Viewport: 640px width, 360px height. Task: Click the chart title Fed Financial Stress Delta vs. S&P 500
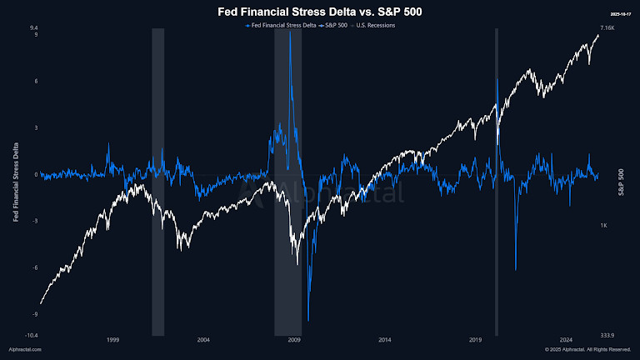coord(320,12)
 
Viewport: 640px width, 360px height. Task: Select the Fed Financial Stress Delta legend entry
coord(282,25)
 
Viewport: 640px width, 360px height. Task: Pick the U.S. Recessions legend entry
coord(376,25)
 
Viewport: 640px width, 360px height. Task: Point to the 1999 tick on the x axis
coord(112,340)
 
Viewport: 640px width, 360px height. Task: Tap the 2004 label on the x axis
coord(202,340)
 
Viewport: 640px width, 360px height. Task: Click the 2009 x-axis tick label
coord(293,340)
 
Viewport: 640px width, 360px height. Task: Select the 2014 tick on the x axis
coord(384,340)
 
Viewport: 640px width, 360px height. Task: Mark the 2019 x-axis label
coord(475,340)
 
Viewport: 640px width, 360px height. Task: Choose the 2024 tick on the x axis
coord(566,340)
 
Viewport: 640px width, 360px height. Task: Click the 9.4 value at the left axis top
coord(34,28)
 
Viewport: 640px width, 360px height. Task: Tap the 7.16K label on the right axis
coord(607,28)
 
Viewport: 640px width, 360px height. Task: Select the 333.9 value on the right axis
coord(607,335)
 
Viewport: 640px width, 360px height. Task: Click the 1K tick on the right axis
coord(604,226)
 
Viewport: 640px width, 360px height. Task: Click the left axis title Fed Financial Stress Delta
coord(17,182)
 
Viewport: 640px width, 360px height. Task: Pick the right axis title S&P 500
coord(622,182)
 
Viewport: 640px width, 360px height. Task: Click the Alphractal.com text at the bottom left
coord(25,350)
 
